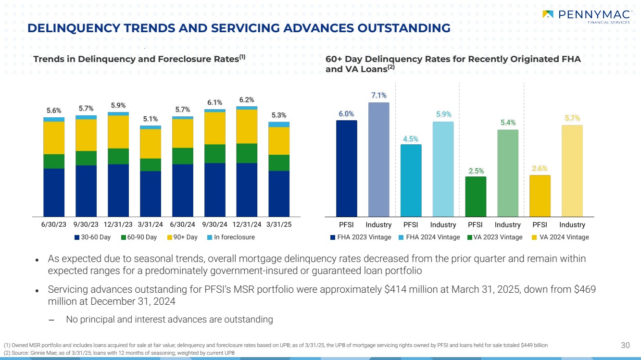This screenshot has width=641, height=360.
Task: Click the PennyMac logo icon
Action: (x=547, y=14)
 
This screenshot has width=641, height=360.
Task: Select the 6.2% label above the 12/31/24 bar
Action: (x=247, y=99)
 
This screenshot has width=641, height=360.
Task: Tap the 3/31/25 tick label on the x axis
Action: (x=279, y=224)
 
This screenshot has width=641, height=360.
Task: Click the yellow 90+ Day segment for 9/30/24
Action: (x=214, y=128)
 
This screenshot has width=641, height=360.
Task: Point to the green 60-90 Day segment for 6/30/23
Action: (x=54, y=161)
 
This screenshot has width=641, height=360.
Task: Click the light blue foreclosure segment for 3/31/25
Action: (x=279, y=124)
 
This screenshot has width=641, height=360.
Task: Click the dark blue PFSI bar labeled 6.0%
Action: (x=346, y=168)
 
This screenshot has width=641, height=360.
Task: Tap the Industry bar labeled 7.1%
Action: (x=378, y=159)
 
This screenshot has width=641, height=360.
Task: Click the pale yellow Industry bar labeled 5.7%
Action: (x=572, y=171)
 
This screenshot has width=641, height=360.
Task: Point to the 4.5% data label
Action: (x=410, y=139)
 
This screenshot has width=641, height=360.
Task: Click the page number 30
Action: (x=625, y=345)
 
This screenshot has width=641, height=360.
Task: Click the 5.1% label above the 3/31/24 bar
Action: (x=150, y=119)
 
